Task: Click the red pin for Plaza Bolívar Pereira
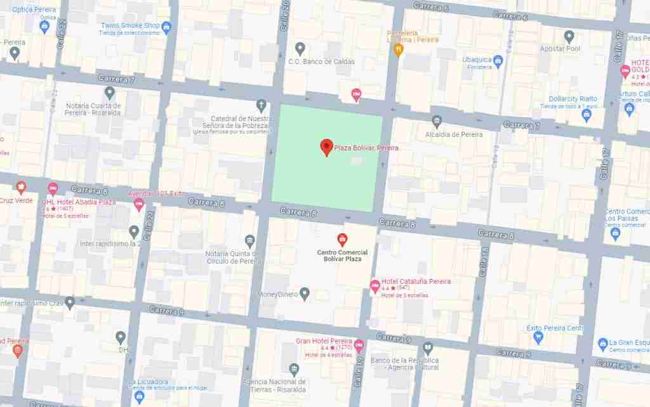(326, 146)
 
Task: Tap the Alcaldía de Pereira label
(454, 134)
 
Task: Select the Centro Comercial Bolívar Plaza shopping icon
(342, 238)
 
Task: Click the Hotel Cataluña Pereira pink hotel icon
(375, 286)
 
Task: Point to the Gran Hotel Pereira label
(324, 341)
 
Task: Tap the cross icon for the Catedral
(260, 105)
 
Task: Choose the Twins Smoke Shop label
(129, 26)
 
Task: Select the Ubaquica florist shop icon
(498, 61)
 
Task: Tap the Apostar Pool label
(560, 49)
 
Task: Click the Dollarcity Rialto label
(573, 99)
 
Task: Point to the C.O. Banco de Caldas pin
(300, 48)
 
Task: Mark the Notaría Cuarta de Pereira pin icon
(110, 93)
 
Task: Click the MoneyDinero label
(277, 294)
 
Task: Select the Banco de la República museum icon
(428, 347)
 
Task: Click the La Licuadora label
(148, 382)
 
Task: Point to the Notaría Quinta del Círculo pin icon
(249, 240)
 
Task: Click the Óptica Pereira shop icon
(44, 26)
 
